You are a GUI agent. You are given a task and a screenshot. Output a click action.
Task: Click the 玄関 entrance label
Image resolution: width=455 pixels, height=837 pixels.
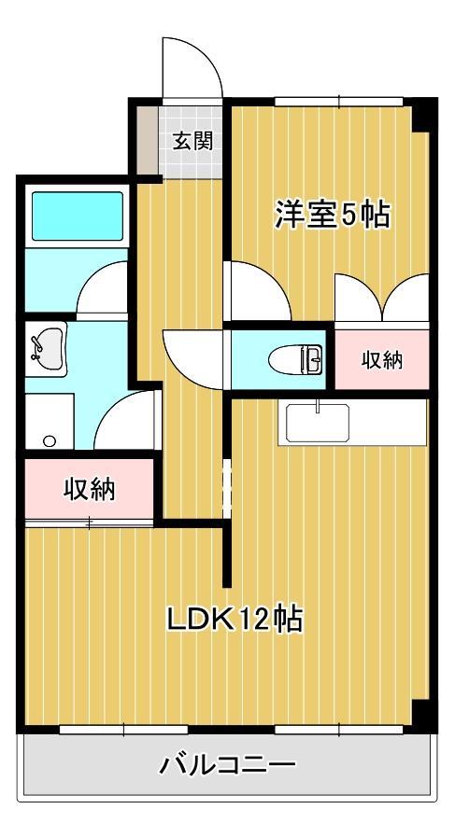[x=192, y=142]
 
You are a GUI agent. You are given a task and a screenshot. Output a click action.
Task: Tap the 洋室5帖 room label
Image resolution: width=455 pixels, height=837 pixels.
[x=332, y=215]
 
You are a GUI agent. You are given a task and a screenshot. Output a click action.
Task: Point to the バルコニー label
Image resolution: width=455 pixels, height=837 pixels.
[x=228, y=766]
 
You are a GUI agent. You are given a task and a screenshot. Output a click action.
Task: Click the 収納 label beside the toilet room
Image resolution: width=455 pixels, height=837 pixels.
[x=382, y=359]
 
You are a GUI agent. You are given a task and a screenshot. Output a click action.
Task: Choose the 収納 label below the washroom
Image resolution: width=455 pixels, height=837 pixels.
[x=89, y=489]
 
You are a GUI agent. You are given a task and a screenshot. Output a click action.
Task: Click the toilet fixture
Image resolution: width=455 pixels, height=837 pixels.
[x=293, y=358]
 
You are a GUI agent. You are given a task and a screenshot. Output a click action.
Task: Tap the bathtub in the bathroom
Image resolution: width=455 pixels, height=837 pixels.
[x=78, y=215]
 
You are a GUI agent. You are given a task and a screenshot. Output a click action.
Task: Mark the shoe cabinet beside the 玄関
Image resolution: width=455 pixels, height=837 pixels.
[x=148, y=140]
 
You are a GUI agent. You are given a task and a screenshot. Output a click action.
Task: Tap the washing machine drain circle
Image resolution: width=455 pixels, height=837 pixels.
[x=50, y=440]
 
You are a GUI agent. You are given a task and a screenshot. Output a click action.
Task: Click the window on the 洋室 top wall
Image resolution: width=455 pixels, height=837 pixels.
[x=338, y=101]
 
